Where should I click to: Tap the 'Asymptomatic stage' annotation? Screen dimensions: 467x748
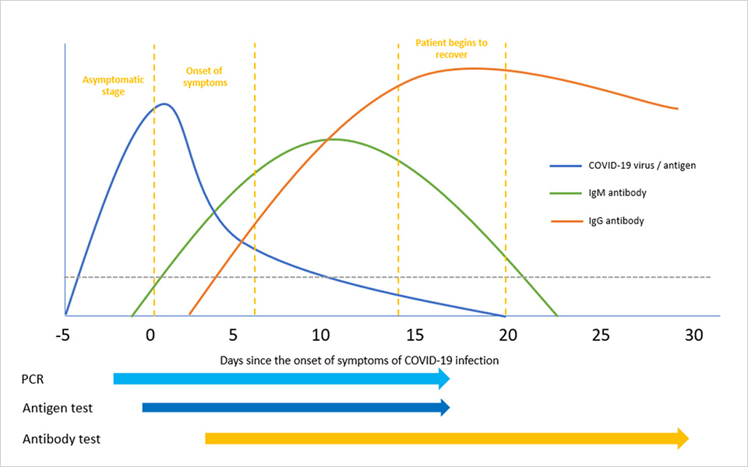pos(104,85)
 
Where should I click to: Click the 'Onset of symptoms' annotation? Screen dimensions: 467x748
pos(205,77)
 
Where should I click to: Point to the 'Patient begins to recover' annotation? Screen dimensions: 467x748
pos(451,48)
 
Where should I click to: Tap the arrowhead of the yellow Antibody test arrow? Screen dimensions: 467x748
pos(683,438)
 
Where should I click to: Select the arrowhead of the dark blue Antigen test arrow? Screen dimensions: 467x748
pos(445,407)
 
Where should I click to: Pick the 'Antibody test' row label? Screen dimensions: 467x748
pos(62,439)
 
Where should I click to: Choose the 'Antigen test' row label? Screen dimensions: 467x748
pos(58,408)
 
